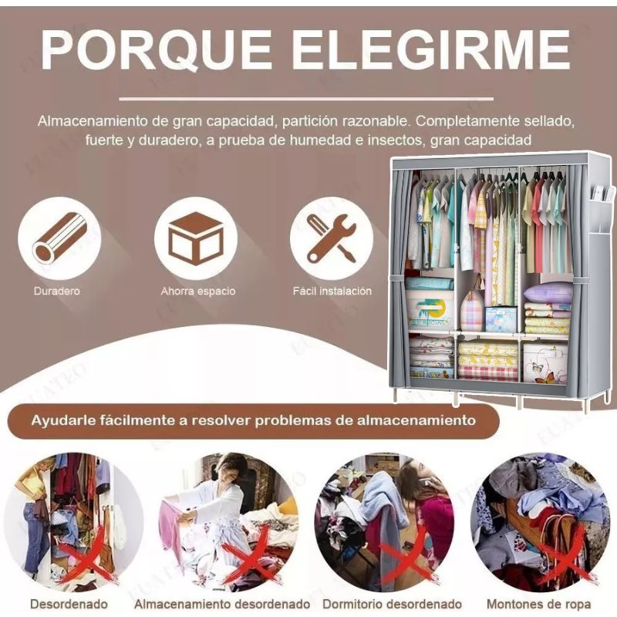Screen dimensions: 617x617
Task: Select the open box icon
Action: (x=195, y=238)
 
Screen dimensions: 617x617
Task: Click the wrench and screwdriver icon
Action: (x=332, y=238)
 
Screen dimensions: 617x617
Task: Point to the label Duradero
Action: (x=56, y=292)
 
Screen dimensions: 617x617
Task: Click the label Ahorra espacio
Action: (x=198, y=292)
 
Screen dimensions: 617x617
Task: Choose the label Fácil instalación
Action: (x=332, y=292)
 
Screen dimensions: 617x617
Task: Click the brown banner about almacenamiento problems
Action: (x=253, y=421)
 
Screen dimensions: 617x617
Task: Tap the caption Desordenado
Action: (x=69, y=603)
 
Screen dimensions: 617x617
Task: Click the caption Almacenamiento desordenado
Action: (x=222, y=603)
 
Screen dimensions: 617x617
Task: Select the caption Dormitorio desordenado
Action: (x=392, y=603)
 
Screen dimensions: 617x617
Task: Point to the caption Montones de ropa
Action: (x=539, y=603)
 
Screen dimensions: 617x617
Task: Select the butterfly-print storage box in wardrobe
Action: (x=545, y=362)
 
